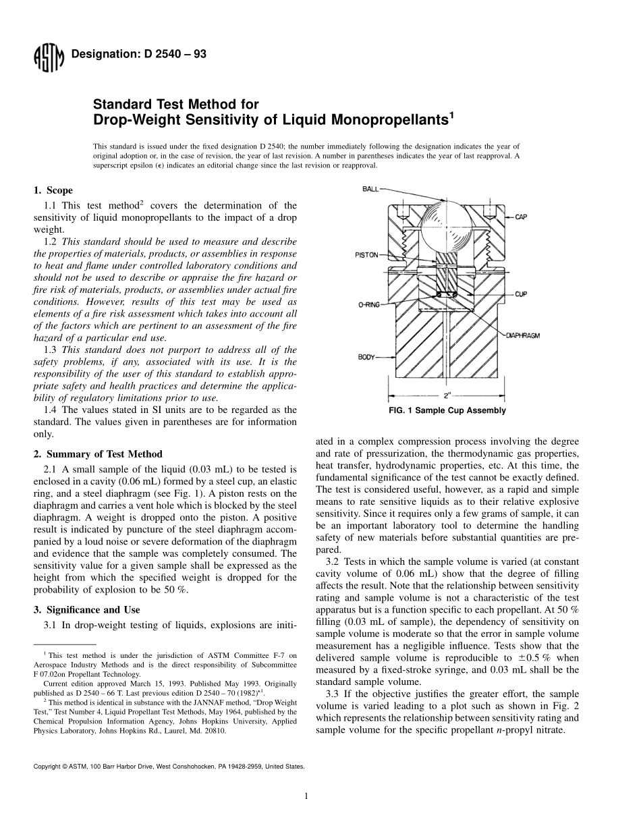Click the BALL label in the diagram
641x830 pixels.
coord(370,190)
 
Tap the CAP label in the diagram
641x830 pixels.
coord(521,217)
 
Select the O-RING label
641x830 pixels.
coord(368,305)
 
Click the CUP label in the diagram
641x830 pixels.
coord(521,294)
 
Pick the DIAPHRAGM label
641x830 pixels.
coord(523,335)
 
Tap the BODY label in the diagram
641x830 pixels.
coord(366,356)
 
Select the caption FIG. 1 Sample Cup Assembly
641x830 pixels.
coord(447,411)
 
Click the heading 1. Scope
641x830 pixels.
coord(53,190)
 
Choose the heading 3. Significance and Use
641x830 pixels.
coord(87,610)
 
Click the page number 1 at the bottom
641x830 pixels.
coord(306,796)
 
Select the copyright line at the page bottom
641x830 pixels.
coord(169,767)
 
